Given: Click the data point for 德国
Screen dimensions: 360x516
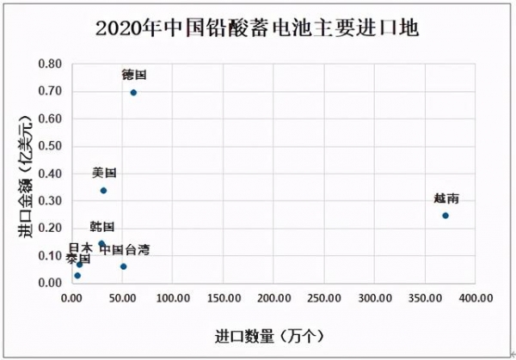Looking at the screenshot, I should coord(133,92).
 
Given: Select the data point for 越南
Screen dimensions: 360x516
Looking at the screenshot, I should coord(445,215).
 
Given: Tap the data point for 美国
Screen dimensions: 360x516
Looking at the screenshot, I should coord(103,190).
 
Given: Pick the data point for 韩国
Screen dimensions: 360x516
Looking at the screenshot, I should coord(101,243).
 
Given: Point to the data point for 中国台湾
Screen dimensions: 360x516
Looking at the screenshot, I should coord(123,266).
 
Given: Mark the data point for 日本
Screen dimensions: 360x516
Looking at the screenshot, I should coord(79,264).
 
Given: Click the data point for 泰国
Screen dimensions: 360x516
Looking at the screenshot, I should coord(77,275).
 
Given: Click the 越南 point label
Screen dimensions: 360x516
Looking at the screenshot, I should coord(445,198).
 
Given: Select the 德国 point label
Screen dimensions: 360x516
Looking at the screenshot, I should coord(133,76).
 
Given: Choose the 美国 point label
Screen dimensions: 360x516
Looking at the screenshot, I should coord(104,173).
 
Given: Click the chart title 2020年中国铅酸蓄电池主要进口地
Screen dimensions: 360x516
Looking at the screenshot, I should coord(257,28).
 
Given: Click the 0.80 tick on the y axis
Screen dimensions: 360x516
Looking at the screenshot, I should coord(50,64).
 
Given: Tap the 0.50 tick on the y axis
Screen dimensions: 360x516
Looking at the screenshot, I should coord(50,146).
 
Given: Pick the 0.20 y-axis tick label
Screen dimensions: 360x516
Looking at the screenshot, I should coord(50,229).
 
